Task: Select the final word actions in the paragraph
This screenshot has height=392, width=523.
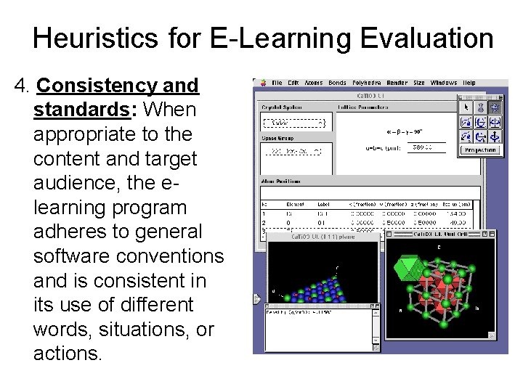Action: coord(68,354)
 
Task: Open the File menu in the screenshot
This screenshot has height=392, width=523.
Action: coord(277,83)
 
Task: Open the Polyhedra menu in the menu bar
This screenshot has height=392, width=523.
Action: coord(368,83)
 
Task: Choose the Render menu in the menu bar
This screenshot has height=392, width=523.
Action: coord(397,83)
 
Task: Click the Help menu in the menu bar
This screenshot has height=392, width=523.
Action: coord(469,83)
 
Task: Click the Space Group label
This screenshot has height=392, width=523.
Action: coord(275,137)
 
